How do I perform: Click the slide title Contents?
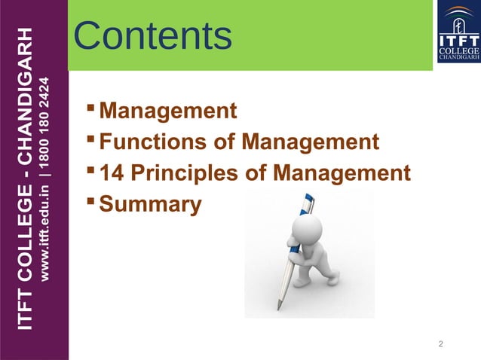(x=154, y=36)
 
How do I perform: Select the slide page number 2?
(x=441, y=344)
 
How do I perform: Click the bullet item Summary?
(x=151, y=204)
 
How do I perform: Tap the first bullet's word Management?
(x=167, y=111)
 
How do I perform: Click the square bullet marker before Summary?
(x=92, y=201)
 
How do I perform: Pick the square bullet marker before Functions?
(x=92, y=139)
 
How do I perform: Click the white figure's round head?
(x=308, y=228)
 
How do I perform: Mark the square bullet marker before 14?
(x=92, y=170)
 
